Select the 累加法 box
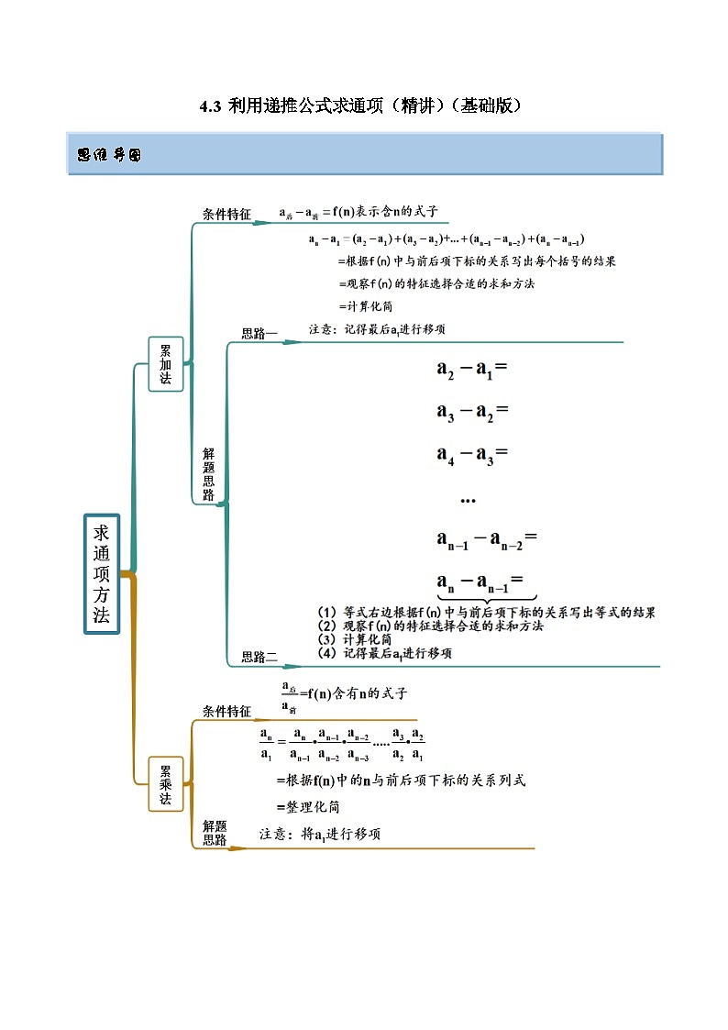166,364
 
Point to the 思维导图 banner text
109,156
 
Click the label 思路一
259,334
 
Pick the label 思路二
259,657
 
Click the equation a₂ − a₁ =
472,371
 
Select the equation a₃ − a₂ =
472,412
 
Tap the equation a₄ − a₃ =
472,454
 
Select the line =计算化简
366,305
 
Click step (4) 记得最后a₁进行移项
384,653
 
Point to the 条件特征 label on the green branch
226,215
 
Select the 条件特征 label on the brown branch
226,711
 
